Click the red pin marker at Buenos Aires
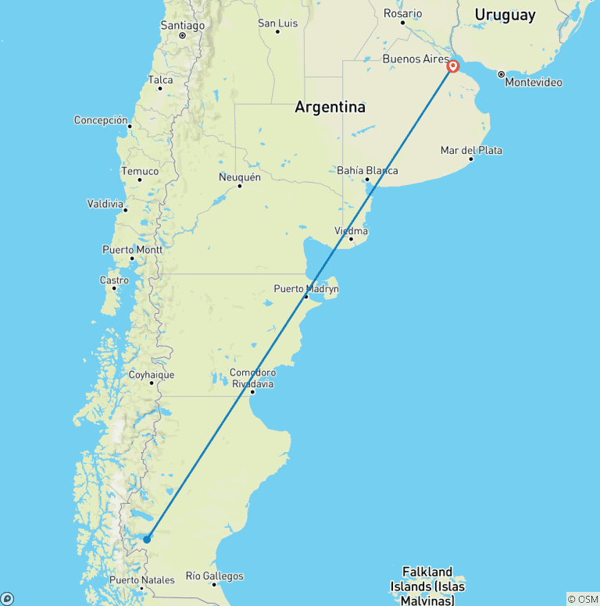452,66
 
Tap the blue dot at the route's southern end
147,539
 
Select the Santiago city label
182,26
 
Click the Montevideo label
534,82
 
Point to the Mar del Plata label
471,150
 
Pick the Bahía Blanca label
367,170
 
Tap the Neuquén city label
239,177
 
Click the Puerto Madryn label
306,289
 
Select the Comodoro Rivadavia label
252,378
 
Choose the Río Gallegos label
214,576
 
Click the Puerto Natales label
141,580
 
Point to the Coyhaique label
152,375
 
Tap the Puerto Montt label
132,250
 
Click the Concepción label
101,120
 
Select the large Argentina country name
330,107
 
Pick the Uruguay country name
505,15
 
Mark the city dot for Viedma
351,239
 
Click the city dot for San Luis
277,31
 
